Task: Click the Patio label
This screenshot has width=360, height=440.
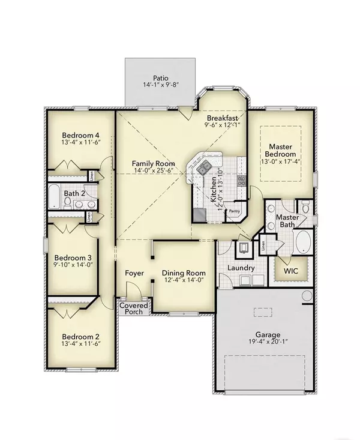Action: [160, 78]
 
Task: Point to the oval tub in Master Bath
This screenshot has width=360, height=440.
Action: [305, 242]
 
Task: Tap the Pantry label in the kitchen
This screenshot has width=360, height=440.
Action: [233, 211]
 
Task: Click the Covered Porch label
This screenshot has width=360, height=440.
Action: [133, 309]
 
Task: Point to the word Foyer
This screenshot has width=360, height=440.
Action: [134, 273]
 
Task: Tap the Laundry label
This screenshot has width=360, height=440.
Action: [241, 268]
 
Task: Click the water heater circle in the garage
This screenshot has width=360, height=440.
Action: [307, 296]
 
